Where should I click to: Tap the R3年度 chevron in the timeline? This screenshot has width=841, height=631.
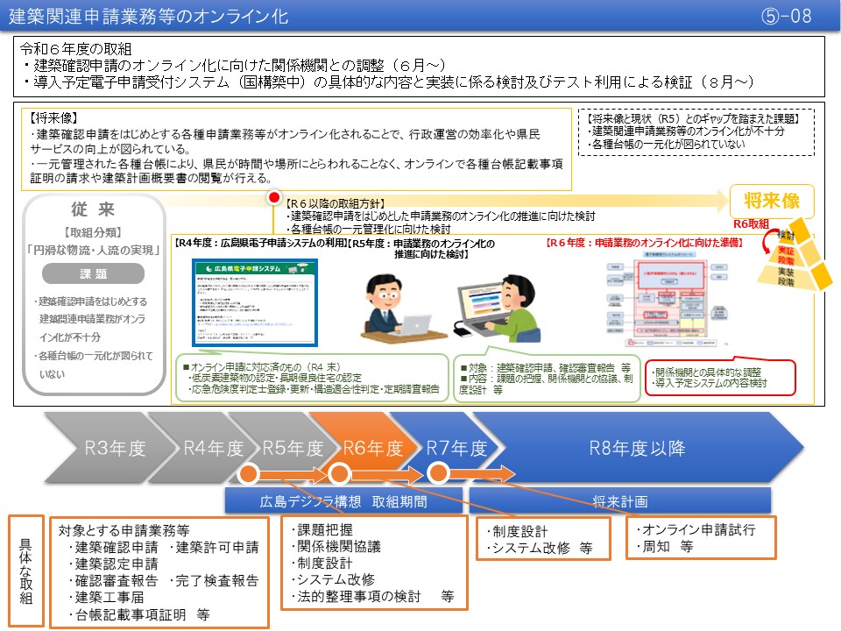pyautogui.click(x=114, y=448)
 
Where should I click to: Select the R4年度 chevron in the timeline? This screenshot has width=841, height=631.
pyautogui.click(x=213, y=448)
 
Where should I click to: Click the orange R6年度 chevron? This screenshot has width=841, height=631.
pyautogui.click(x=372, y=448)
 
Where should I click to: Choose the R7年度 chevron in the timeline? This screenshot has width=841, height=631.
pyautogui.click(x=456, y=448)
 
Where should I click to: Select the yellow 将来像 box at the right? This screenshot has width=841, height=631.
pyautogui.click(x=771, y=201)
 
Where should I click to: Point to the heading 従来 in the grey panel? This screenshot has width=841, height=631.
pyautogui.click(x=93, y=210)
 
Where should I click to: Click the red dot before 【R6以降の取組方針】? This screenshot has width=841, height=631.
pyautogui.click(x=273, y=199)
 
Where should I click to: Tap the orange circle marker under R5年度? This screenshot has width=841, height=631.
pyautogui.click(x=248, y=474)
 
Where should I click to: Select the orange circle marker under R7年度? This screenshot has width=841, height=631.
pyautogui.click(x=437, y=474)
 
